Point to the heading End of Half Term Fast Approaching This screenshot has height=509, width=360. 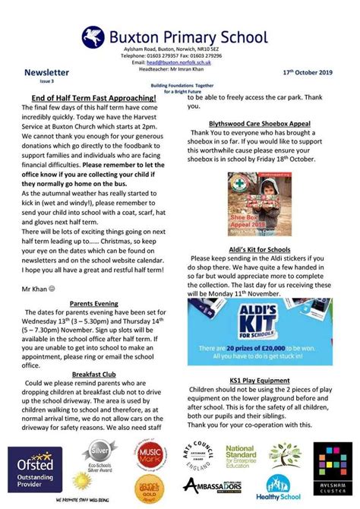click(94, 98)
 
